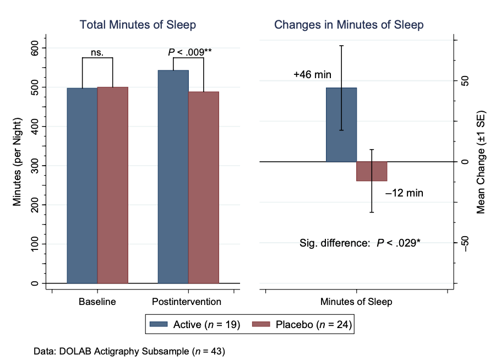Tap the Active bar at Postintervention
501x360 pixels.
(173, 177)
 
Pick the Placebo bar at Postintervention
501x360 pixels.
(203, 187)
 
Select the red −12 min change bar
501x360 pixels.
(372, 171)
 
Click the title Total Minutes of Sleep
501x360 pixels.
(138, 25)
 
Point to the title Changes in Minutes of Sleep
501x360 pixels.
(348, 25)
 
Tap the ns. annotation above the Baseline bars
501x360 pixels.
(97, 53)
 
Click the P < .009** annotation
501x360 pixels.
(189, 52)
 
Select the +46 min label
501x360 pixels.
(312, 75)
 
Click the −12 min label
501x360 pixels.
(404, 193)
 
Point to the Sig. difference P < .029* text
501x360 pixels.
(360, 242)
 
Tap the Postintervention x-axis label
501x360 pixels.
(187, 302)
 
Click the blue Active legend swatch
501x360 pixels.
(160, 325)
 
